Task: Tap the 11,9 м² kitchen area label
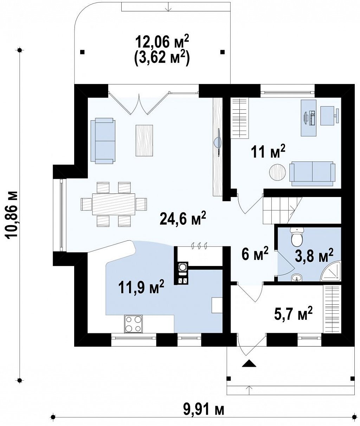pyautogui.click(x=141, y=286)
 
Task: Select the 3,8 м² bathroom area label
pyautogui.click(x=314, y=255)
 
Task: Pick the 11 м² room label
pyautogui.click(x=268, y=152)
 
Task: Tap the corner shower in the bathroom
pyautogui.click(x=331, y=271)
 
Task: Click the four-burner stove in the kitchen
pyautogui.click(x=133, y=324)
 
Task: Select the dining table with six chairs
pyautogui.click(x=114, y=204)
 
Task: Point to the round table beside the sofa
pyautogui.click(x=277, y=172)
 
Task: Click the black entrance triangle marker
pyautogui.click(x=249, y=363)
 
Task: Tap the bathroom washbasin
pyautogui.click(x=296, y=277)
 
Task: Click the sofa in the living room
pyautogui.click(x=103, y=141)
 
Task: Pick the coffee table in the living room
pyautogui.click(x=144, y=140)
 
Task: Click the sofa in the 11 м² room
pyautogui.click(x=312, y=174)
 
